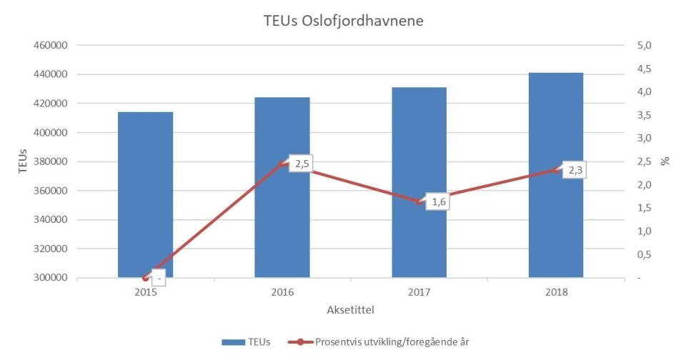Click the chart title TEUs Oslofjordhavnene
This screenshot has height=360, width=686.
point(343,21)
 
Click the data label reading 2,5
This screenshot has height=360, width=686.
point(302,164)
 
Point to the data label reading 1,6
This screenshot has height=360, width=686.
point(439,202)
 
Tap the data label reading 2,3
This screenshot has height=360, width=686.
point(575,171)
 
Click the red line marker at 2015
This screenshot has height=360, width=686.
point(145,278)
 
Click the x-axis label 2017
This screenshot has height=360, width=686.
point(419,293)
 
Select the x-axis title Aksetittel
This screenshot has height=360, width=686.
point(350,310)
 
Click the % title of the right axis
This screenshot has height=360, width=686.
point(665,161)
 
